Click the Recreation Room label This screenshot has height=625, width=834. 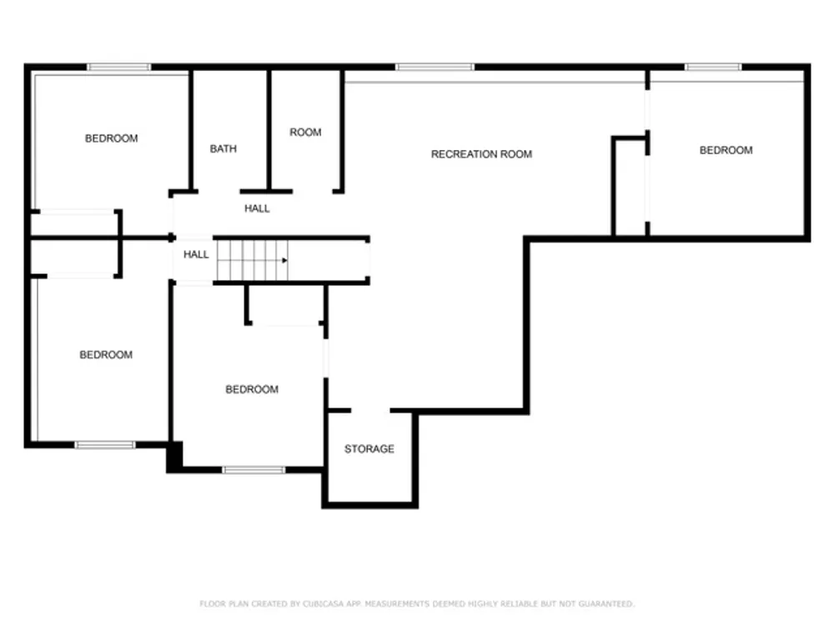tap(481, 154)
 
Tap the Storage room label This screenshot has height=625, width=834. tap(369, 449)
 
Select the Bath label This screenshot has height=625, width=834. tap(224, 149)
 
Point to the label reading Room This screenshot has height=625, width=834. tap(305, 132)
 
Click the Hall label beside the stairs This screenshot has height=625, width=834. tap(196, 254)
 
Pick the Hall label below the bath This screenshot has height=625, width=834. tap(257, 208)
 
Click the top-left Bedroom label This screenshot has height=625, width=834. tap(112, 138)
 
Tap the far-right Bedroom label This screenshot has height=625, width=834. tap(726, 150)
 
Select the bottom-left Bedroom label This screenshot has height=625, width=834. tap(106, 354)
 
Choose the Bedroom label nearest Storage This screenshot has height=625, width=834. tap(252, 389)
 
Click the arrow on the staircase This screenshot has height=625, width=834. tap(284, 260)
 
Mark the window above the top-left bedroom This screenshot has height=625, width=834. tap(119, 67)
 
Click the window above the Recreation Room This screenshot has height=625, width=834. tap(435, 67)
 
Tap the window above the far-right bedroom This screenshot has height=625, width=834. tap(713, 67)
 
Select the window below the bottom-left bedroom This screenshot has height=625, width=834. tap(105, 445)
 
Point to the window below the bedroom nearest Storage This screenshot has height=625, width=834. tap(254, 470)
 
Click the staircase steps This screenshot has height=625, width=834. tap(253, 260)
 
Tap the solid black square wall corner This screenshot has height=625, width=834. tap(175, 457)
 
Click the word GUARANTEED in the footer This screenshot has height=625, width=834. tap(606, 603)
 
